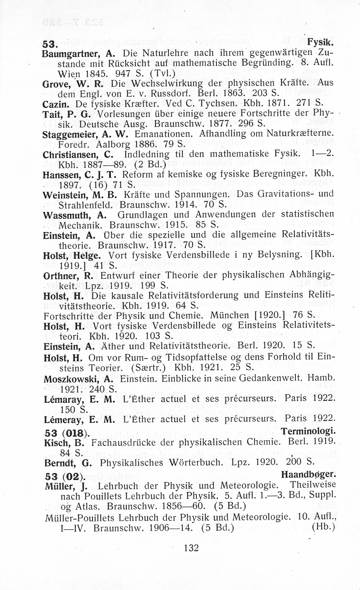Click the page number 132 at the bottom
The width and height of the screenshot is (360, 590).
(x=191, y=548)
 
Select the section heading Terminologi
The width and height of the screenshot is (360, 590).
(x=308, y=431)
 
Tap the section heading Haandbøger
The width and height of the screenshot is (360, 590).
(x=308, y=474)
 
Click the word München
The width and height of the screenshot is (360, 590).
(x=230, y=315)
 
